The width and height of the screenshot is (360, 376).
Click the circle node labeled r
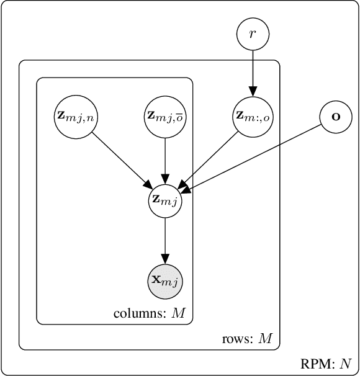[252, 34]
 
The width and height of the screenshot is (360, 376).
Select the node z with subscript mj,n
[75, 115]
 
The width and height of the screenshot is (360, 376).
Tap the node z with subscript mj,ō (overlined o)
[165, 115]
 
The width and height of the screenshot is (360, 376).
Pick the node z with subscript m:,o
[252, 115]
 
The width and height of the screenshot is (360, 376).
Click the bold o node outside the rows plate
[336, 116]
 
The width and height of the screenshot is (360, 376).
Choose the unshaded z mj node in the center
[165, 200]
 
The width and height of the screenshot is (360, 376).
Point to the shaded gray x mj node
[165, 281]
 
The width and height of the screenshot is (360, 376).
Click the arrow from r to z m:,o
[252, 71]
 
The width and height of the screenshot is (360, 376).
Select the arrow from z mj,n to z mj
[121, 159]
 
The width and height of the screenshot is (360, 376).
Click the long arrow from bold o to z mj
[254, 155]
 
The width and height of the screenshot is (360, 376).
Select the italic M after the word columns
[179, 313]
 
